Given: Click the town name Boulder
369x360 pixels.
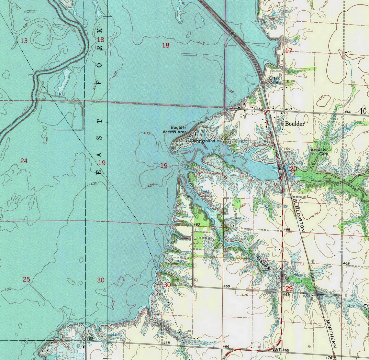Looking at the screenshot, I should click(295, 124).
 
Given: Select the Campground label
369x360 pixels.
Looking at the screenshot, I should click(202, 141).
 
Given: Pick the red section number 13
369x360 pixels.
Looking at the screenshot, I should click(24, 40).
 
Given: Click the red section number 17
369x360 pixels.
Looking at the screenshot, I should click(288, 50).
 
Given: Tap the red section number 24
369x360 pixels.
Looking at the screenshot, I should click(24, 161).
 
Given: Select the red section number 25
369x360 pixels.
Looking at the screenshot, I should click(26, 279).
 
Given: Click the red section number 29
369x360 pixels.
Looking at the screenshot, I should click(289, 288).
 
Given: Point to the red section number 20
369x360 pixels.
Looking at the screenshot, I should click(293, 169).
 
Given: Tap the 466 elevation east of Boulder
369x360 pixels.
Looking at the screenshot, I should click(348, 112).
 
